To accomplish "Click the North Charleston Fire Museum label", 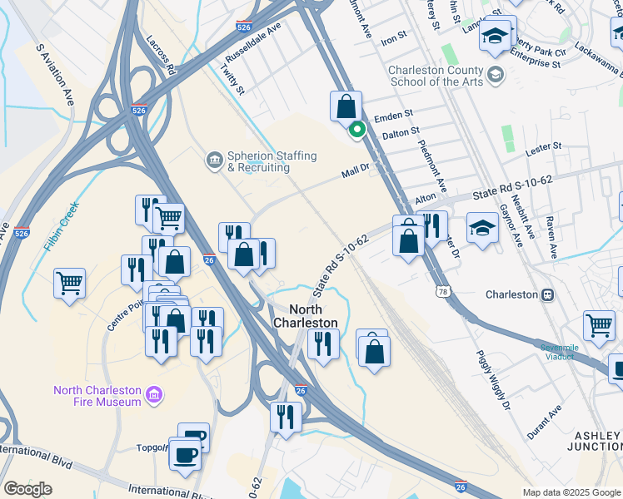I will coord(97,396).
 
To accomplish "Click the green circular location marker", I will coord(357,129).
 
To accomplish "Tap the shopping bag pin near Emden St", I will coord(346,108).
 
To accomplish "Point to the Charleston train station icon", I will coord(548,294).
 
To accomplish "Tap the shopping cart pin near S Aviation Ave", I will coord(70,284).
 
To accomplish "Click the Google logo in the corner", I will coord(27,489).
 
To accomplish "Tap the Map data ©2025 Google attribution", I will coord(571,492).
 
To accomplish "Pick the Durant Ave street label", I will coord(545,422).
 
